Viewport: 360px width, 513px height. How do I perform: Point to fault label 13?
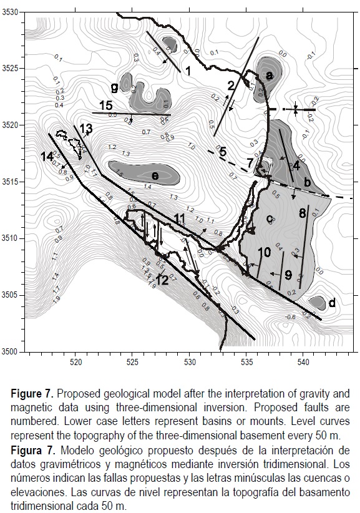(86, 129)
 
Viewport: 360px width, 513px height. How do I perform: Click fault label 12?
(162, 281)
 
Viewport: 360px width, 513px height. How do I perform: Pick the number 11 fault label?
(180, 218)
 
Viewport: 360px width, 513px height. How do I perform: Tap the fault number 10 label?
(263, 252)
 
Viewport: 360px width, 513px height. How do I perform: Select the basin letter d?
(332, 303)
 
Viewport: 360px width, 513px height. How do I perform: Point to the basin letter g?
(115, 86)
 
